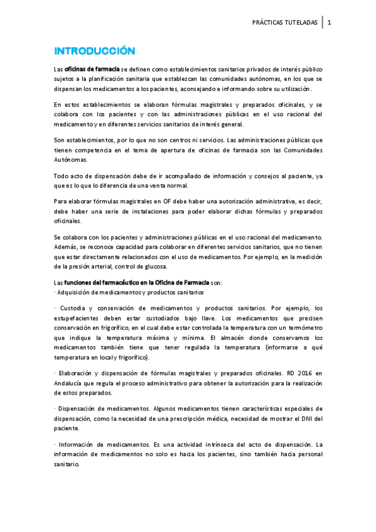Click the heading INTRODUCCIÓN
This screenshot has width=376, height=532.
click(x=94, y=50)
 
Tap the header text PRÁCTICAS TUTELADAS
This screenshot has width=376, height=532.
click(x=284, y=23)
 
